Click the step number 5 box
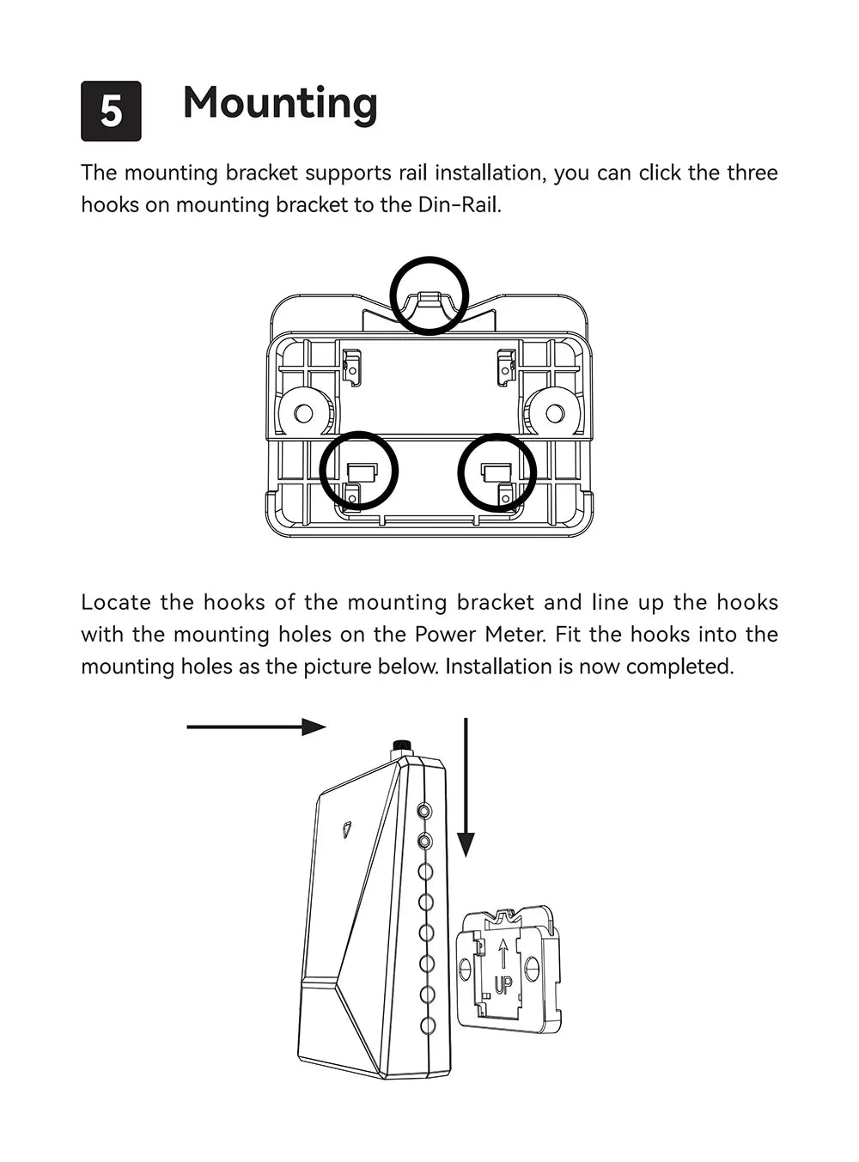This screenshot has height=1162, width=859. (111, 111)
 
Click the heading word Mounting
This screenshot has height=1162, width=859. (280, 103)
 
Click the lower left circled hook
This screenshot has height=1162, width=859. (359, 471)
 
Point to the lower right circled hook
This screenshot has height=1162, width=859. (497, 471)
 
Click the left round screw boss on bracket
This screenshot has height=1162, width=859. (304, 413)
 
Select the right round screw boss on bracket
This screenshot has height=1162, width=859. (554, 413)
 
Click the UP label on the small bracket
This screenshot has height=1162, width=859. (503, 984)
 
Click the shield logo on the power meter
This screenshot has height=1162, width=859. (346, 829)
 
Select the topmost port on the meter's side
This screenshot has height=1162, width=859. (425, 810)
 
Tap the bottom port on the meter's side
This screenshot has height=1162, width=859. (427, 1025)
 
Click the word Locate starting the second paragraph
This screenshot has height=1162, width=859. (114, 603)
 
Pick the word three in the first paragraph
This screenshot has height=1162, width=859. (752, 173)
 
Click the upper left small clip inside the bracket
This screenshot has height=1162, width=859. (351, 365)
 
